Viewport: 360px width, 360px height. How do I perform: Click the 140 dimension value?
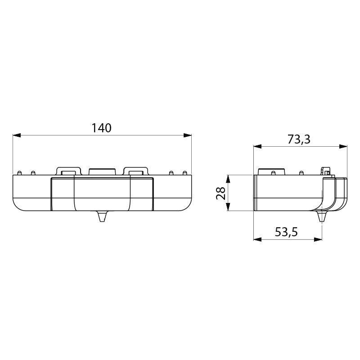tap(101, 128)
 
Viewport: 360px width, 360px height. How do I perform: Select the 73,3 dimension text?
tap(299, 139)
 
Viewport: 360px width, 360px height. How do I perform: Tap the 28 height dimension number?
tap(220, 193)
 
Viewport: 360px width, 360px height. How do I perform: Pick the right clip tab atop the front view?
tap(135, 171)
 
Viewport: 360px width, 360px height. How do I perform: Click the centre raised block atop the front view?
tap(102, 171)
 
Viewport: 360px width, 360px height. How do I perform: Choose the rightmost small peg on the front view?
tap(184, 173)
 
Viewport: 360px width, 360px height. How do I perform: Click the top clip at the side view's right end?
tap(327, 171)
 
